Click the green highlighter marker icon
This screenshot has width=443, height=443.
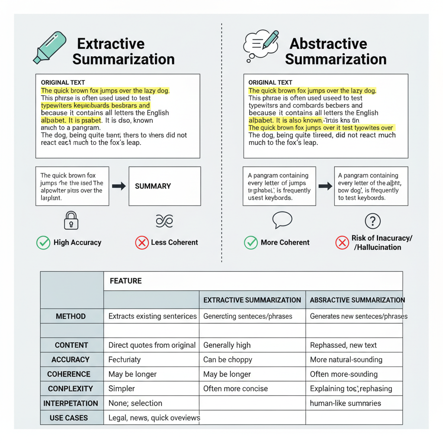[x=50, y=48]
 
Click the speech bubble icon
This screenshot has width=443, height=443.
[x=282, y=220]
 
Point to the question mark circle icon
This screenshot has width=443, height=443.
[x=372, y=221]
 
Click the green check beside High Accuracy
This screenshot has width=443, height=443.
[x=43, y=243]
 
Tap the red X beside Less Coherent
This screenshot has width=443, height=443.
[x=142, y=243]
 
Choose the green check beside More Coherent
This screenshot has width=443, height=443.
[x=251, y=243]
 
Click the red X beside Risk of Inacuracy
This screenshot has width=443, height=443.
[x=342, y=243]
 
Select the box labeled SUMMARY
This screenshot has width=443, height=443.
[x=164, y=186]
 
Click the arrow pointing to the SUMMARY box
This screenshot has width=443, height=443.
[x=119, y=186]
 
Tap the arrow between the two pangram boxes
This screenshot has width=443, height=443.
[x=325, y=186]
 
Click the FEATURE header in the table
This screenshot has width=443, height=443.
[x=126, y=281]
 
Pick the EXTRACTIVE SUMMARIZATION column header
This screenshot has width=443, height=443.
[x=252, y=300]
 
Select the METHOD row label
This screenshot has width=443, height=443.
[x=71, y=316]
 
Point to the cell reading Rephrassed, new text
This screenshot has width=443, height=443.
[x=343, y=345]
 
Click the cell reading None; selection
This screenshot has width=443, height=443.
[x=135, y=403]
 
